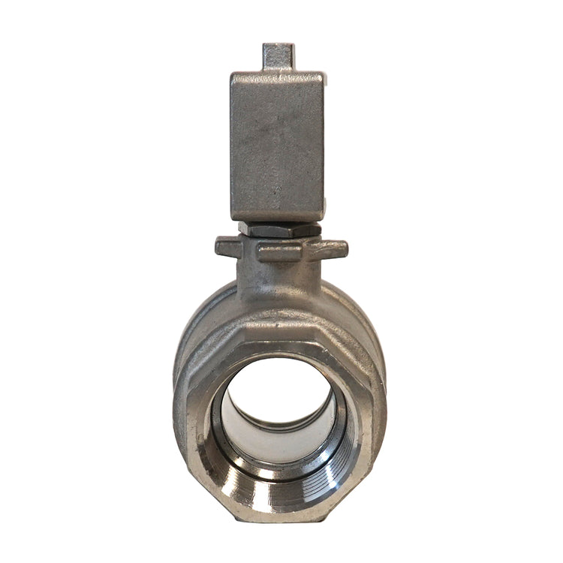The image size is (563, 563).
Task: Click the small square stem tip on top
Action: coord(278,56)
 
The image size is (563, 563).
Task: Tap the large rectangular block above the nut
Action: coord(278,143)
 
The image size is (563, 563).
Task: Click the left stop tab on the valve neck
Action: coord(227,246)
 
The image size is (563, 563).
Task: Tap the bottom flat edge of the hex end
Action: coord(279,518)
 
